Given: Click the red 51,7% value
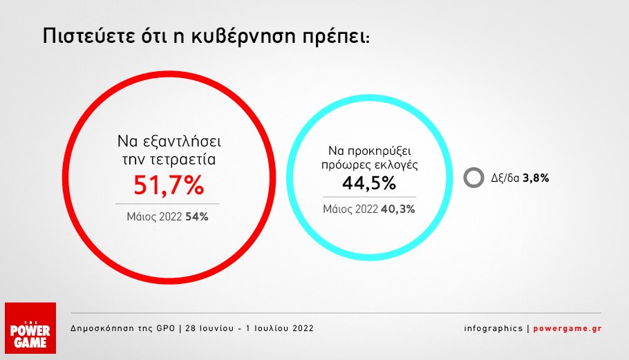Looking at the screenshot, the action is click(169, 185).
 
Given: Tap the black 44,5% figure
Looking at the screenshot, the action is click(369, 183).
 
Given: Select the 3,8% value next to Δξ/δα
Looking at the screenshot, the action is click(536, 178).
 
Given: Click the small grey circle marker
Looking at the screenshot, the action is click(473, 178).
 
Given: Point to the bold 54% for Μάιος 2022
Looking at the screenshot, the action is click(196, 217).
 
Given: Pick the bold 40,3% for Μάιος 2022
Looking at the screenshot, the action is click(398, 209).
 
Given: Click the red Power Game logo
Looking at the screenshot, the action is click(30, 328).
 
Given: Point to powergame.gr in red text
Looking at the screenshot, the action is click(567, 328).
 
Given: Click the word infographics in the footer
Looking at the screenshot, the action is click(494, 328).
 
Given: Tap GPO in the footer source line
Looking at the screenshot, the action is click(166, 328).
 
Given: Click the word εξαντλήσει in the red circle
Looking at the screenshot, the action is click(181, 142).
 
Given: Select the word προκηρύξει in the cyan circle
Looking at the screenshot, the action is click(379, 152).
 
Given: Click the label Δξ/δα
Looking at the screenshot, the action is click(505, 178).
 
